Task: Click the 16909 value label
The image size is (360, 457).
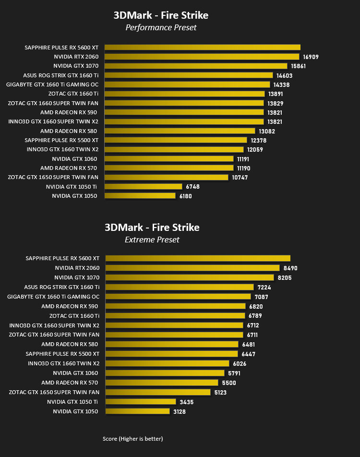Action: tap(311, 57)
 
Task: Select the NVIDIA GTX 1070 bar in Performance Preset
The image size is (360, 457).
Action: tap(196, 66)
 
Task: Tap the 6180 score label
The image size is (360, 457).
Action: tap(186, 196)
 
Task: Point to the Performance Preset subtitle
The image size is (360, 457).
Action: tap(161, 27)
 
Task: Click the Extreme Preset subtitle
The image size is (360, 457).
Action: tap(152, 240)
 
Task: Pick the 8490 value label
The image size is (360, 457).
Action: tap(290, 268)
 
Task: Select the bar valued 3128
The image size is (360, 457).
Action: tap(138, 411)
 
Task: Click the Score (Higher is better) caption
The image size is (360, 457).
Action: tap(132, 439)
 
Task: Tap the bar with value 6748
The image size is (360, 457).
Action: tap(144, 187)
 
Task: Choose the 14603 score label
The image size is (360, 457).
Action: tap(284, 76)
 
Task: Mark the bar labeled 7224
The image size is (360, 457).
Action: tap(180, 287)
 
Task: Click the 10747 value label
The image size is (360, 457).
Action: tap(240, 178)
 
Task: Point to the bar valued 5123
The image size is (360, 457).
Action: tap(158, 392)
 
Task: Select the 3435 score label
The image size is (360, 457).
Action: tap(187, 402)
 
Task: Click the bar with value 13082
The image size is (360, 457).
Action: tap(180, 131)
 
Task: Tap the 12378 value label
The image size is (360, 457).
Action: tap(259, 141)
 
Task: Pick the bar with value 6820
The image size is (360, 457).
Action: tap(176, 306)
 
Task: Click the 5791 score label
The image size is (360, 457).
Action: tap(234, 373)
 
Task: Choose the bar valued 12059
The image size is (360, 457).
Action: tap(174, 149)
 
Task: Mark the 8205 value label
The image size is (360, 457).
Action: tap(285, 278)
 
